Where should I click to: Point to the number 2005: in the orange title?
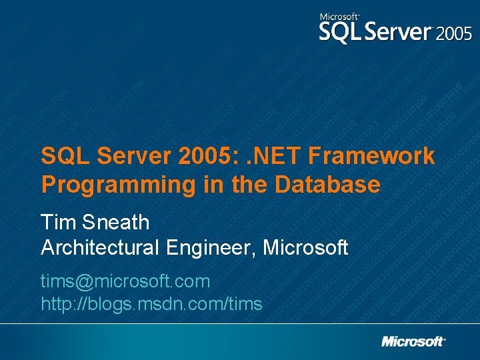click(207, 156)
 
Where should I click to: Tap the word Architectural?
click(101, 248)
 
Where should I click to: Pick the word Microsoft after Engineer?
click(305, 248)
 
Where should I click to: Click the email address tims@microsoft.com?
click(125, 281)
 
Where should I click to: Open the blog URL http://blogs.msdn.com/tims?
click(151, 305)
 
